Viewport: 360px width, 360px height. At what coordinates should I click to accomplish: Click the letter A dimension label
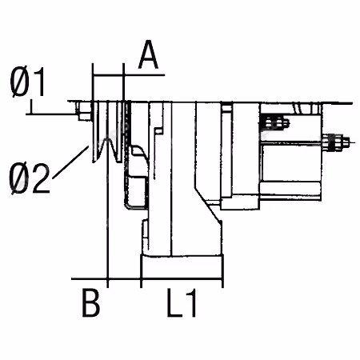(149, 54)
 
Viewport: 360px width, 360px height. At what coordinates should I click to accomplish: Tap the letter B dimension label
(91, 302)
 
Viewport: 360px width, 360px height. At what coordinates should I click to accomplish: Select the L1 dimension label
(182, 302)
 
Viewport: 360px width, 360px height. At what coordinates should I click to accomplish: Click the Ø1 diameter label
(27, 82)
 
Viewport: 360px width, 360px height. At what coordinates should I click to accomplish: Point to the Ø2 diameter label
(30, 178)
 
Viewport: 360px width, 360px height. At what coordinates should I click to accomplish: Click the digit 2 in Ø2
(41, 178)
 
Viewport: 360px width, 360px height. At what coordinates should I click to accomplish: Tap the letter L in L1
(174, 302)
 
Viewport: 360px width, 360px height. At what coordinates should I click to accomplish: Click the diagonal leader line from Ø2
(70, 162)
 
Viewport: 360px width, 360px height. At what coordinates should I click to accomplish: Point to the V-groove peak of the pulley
(107, 139)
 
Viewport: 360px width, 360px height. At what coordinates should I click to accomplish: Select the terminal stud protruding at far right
(337, 142)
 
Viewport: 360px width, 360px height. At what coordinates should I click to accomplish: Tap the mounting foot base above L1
(182, 266)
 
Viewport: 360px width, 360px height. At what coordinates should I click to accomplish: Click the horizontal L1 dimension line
(182, 279)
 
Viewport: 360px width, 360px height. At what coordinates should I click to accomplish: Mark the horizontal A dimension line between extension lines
(108, 75)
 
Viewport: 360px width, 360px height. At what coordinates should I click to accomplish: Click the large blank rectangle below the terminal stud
(291, 162)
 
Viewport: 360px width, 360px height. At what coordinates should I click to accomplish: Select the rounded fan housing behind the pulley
(136, 177)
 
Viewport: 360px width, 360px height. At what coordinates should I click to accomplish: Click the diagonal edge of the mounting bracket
(208, 203)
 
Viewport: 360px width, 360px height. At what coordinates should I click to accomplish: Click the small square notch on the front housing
(158, 130)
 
